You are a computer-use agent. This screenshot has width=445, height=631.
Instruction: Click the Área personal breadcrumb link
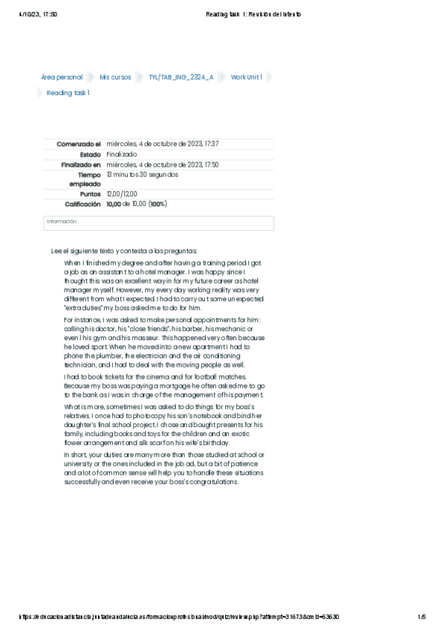pos(62,77)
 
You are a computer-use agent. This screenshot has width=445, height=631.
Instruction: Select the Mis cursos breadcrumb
pos(115,77)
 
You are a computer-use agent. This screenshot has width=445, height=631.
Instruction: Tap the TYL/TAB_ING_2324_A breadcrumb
pos(181,77)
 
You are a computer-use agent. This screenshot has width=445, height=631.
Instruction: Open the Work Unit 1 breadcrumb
pos(246,77)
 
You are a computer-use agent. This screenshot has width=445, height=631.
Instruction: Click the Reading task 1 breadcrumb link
pos(68,93)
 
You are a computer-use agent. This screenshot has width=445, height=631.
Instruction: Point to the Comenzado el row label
pos(78,144)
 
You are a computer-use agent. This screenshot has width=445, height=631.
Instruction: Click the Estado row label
pos(90,154)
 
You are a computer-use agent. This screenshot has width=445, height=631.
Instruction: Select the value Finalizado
pos(122,154)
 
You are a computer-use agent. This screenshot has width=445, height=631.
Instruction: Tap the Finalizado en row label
pos(80,164)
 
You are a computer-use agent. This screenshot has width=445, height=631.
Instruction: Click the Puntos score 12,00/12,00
pos(122,193)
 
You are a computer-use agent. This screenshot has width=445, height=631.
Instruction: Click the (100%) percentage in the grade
pos(157,204)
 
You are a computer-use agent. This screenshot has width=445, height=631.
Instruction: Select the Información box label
pos(62,222)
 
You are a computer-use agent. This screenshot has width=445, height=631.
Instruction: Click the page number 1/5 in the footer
pos(421,617)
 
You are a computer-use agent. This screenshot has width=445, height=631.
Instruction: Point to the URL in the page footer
pos(178,617)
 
